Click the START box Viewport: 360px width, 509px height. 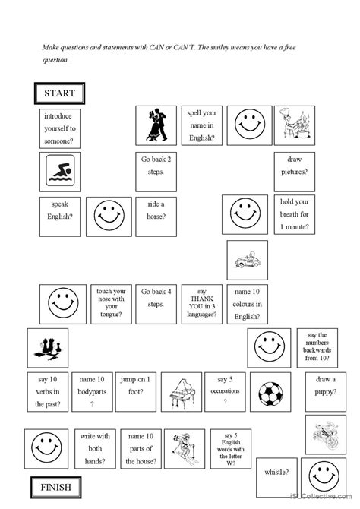tap(59, 93)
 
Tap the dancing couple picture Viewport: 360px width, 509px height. tap(159, 124)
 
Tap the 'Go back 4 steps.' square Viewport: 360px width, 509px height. tap(157, 304)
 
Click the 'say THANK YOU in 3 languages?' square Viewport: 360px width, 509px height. tap(201, 304)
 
